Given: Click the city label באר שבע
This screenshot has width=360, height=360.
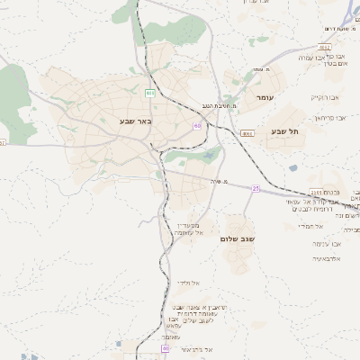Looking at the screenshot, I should point(135,121).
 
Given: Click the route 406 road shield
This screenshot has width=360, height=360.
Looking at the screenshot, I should point(150,92).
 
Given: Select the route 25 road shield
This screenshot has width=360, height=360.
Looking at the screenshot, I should point(256,188).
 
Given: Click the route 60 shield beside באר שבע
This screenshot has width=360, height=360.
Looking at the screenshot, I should point(196,126).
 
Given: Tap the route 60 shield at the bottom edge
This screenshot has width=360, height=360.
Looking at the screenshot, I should point(165,347).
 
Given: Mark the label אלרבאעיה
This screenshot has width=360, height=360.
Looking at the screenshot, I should point(329,259).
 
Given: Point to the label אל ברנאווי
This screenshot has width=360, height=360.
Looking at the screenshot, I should point(194,348).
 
